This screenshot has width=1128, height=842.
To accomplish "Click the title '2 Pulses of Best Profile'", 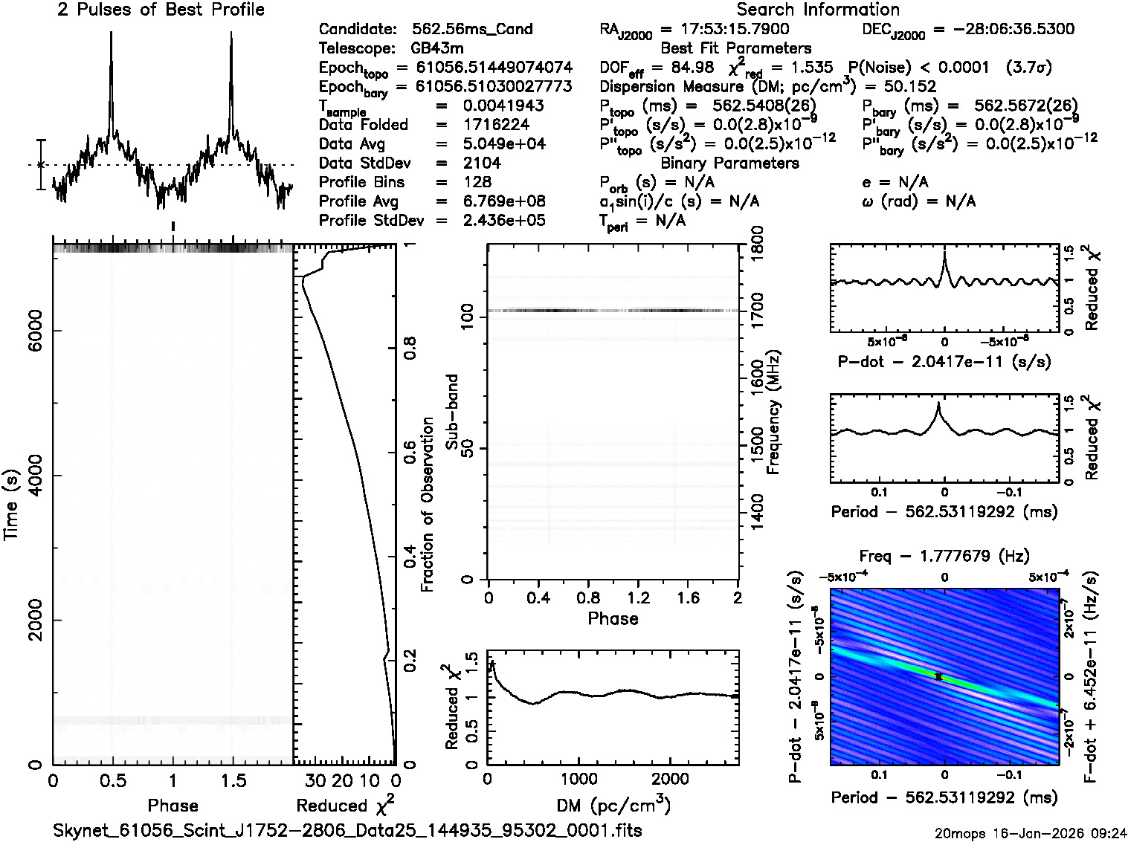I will click(161, 10).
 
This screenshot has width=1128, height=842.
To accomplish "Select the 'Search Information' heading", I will click(817, 10).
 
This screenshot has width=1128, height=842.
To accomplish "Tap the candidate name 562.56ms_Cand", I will click(472, 30).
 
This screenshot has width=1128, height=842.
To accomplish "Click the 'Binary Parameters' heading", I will click(729, 163).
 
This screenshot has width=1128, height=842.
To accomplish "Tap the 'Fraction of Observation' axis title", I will click(427, 505).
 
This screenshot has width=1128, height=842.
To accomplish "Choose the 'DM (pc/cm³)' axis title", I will click(613, 805).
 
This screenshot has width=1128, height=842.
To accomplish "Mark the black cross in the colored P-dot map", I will click(938, 677).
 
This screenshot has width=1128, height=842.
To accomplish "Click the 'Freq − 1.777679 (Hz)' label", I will click(944, 556).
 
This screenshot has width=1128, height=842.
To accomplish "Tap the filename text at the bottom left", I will click(348, 829).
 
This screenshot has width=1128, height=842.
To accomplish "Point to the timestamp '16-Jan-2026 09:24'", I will click(1063, 833).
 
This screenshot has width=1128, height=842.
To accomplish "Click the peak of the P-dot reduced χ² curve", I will click(944, 253).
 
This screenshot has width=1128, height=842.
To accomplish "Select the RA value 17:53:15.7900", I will click(725, 30).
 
